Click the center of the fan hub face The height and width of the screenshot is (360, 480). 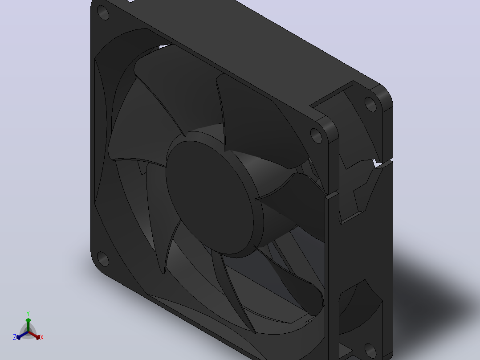click(211, 197)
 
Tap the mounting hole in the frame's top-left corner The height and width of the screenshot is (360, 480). click(103, 13)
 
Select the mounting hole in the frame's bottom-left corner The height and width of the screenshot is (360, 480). click(103, 259)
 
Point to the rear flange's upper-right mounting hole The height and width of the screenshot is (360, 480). click(370, 104)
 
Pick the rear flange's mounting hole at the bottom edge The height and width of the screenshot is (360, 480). click(370, 351)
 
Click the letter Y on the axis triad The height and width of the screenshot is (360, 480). click(28, 314)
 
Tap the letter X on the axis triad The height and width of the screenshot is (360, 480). click(42, 337)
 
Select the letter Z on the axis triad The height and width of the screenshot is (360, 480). click(15, 337)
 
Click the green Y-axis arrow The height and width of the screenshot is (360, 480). click(28, 325)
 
